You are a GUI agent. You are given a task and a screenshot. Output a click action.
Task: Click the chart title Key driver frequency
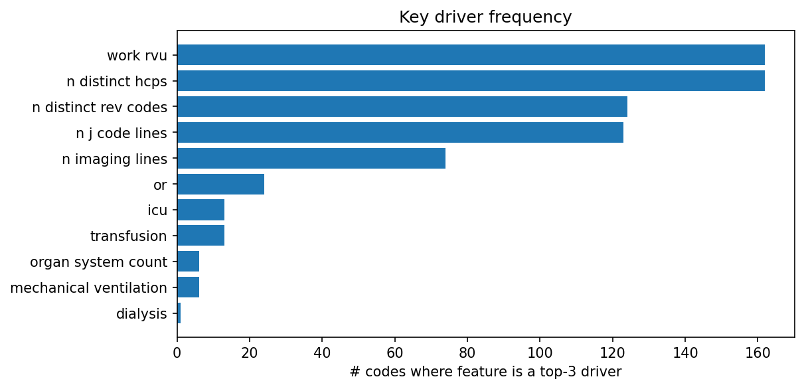coord(485,17)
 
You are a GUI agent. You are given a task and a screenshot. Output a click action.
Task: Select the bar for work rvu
coord(471,55)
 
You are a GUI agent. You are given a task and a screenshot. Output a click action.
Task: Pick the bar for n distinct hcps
coord(471,81)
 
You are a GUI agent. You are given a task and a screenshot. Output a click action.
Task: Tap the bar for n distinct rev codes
coord(402,107)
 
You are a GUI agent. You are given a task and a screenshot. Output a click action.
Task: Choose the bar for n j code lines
coord(400,133)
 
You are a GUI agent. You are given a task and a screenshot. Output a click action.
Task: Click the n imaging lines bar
coord(311,159)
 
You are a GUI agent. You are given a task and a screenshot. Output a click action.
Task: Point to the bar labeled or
coord(220,185)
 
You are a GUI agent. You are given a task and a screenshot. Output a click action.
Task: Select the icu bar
coord(201,210)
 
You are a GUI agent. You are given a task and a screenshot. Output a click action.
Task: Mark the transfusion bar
coord(201,236)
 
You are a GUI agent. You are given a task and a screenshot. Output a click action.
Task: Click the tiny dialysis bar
coord(179,314)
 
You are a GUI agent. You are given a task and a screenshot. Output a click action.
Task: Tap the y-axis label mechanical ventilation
coord(88,288)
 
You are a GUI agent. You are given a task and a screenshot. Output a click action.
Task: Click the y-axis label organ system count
coord(98,262)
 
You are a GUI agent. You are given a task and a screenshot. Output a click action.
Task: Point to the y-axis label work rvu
coord(137,55)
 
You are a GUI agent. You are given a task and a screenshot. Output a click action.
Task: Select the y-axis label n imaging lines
coord(114,159)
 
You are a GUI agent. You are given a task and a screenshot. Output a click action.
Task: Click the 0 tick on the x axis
coord(177,352)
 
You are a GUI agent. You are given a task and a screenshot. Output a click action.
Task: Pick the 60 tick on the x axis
coord(395,352)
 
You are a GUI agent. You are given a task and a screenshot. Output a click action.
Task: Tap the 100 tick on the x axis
coord(540,352)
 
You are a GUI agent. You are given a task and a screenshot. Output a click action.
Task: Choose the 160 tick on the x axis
coord(758,352)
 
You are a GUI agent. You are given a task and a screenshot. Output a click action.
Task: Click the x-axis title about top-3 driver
coord(485,372)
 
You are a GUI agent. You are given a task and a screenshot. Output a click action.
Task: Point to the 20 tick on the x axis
coord(250,352)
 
